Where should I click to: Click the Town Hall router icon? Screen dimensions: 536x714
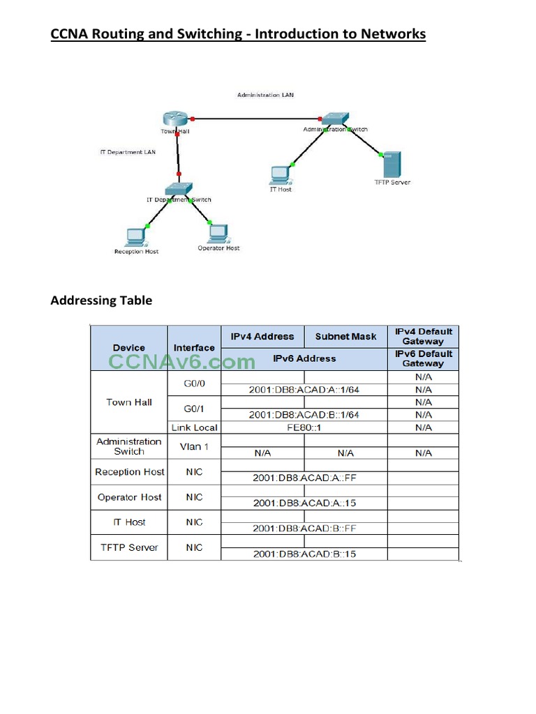click(x=172, y=119)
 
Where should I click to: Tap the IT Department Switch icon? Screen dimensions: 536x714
click(x=178, y=189)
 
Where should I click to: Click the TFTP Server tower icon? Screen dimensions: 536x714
click(x=392, y=165)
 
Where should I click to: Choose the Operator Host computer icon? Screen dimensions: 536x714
click(x=218, y=233)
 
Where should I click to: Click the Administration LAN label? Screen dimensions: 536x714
click(x=265, y=95)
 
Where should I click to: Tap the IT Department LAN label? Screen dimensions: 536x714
click(x=128, y=151)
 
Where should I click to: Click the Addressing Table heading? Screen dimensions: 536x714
click(x=101, y=301)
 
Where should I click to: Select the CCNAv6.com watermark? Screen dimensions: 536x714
click(x=181, y=361)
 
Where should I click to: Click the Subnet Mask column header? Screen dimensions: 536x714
click(x=345, y=337)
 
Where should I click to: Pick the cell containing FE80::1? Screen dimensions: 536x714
click(x=304, y=427)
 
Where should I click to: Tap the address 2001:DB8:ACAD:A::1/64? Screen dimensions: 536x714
click(x=304, y=390)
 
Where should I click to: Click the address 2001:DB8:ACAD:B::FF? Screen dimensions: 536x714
click(x=304, y=529)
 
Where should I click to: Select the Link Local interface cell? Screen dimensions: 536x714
click(x=194, y=427)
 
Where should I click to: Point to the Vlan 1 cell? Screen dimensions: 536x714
click(x=194, y=446)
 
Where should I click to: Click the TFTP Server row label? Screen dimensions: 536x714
click(x=129, y=547)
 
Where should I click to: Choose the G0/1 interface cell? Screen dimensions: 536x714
click(x=194, y=409)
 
